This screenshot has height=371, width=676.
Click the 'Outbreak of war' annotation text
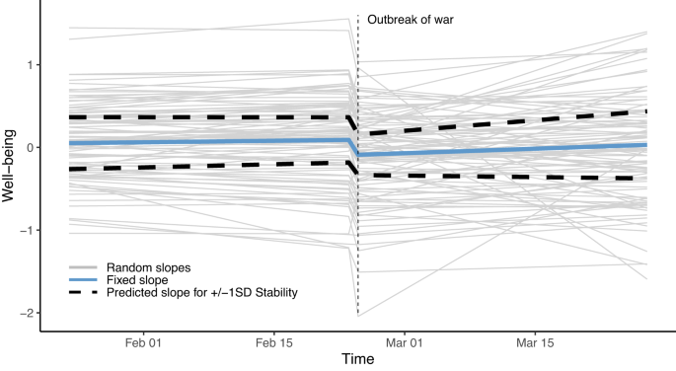click(411, 19)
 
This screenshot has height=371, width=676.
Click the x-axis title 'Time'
click(357, 360)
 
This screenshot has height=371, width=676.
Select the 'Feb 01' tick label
click(144, 342)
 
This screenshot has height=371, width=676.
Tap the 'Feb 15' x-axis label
click(272, 342)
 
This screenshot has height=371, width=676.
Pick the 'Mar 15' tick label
click(534, 342)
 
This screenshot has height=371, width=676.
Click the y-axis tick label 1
click(32, 65)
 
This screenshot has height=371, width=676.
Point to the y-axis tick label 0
click(32, 148)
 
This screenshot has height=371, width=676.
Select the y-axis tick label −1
click(29, 231)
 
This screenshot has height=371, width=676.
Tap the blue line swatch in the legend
click(83, 279)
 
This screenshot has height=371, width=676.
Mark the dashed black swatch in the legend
click(83, 292)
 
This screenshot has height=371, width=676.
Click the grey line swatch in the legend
click(83, 267)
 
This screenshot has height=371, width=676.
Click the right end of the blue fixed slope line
click(646, 145)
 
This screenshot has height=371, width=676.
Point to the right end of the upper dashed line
click(646, 111)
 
